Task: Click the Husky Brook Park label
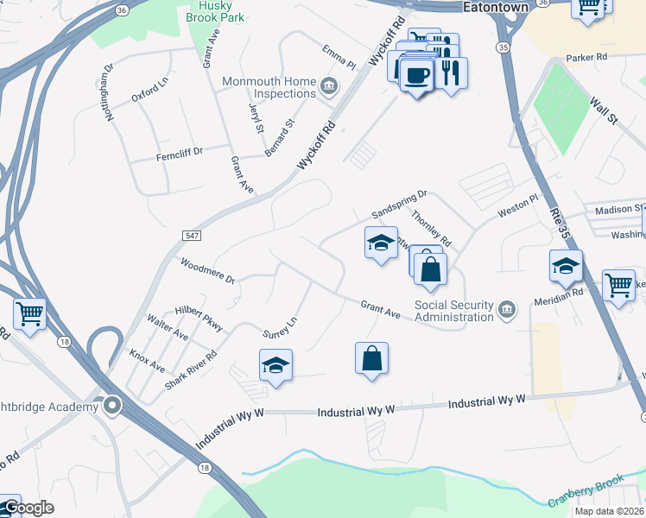217,11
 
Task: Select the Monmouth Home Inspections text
269,87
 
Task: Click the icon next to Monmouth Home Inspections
329,85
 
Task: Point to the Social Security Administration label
453,311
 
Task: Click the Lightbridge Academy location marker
111,405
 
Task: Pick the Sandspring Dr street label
400,205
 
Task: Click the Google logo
28,508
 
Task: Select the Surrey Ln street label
280,326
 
